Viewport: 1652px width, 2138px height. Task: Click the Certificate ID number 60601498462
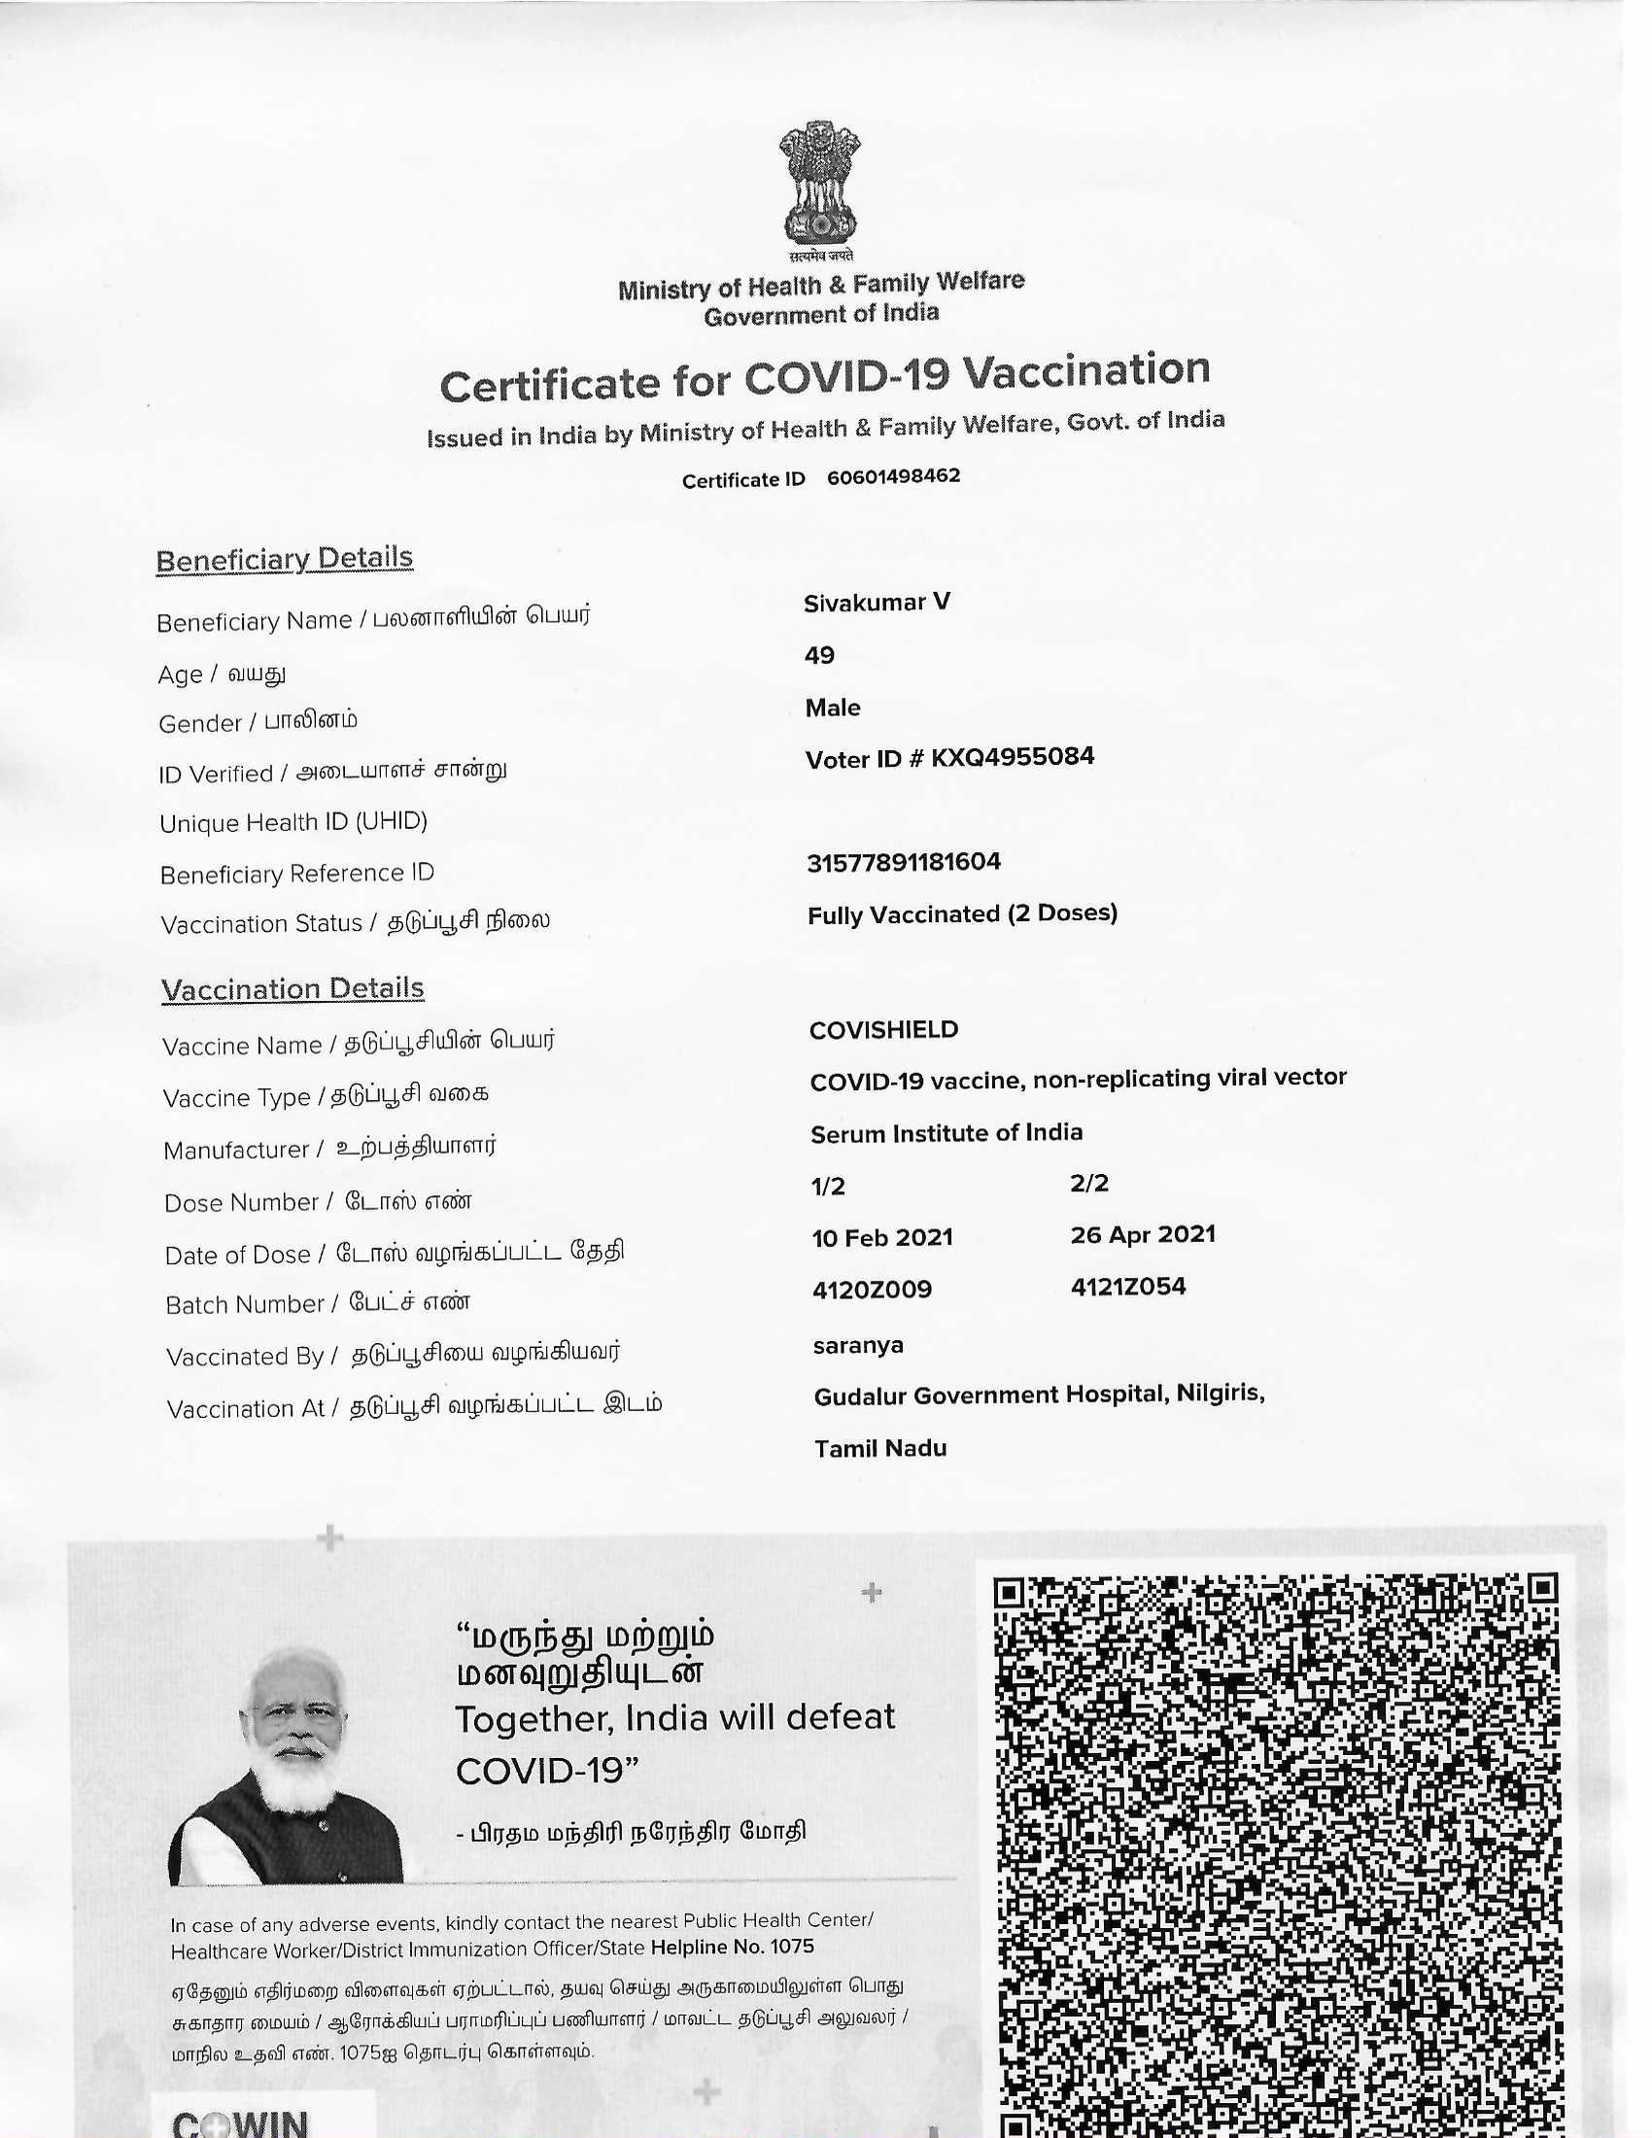click(x=892, y=477)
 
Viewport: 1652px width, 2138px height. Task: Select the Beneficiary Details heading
click(x=284, y=559)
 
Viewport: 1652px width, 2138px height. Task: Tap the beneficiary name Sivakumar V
click(x=876, y=603)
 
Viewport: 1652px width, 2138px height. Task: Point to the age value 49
click(x=819, y=655)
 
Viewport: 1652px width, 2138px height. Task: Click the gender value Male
click(x=832, y=707)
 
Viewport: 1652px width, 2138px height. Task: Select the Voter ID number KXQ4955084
click(x=1012, y=757)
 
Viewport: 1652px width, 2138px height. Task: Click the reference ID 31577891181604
click(x=904, y=862)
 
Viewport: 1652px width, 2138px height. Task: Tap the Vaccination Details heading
click(x=293, y=989)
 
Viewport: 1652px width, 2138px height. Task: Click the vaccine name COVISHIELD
click(x=883, y=1030)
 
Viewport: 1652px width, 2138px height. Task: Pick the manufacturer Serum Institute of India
click(x=946, y=1133)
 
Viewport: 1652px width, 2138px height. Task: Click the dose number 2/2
click(x=1089, y=1184)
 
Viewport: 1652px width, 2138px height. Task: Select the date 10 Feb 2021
click(x=881, y=1238)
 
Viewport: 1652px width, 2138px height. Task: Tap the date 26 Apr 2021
click(x=1142, y=1234)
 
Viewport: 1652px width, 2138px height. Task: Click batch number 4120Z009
click(x=871, y=1291)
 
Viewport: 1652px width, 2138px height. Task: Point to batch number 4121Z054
click(x=1127, y=1288)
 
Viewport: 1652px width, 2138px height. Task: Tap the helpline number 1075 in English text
click(x=792, y=1948)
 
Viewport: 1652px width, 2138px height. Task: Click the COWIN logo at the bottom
click(x=241, y=2121)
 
